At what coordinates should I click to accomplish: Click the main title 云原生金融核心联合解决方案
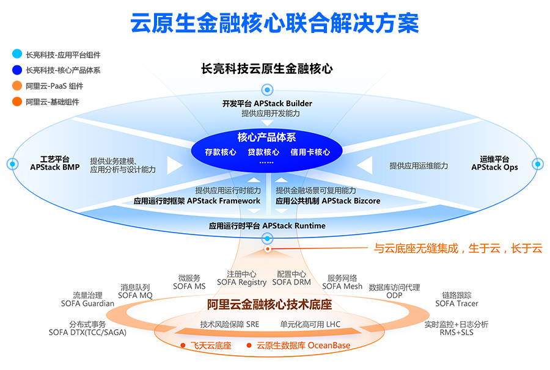point(274,23)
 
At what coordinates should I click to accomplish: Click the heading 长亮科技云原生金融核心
point(267,69)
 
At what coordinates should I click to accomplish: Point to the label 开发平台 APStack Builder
point(267,103)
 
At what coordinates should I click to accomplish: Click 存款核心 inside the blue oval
point(221,152)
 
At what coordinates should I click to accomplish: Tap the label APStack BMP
point(55,167)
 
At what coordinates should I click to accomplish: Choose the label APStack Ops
point(494,167)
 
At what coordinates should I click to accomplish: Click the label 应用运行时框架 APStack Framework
point(197,200)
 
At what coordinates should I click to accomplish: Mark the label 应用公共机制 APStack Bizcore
point(328,200)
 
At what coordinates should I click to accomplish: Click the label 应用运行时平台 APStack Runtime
point(267,226)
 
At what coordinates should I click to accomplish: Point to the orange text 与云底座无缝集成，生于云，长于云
point(458,248)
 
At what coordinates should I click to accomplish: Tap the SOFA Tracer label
point(457,303)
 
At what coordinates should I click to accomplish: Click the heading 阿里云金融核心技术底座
point(269,303)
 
